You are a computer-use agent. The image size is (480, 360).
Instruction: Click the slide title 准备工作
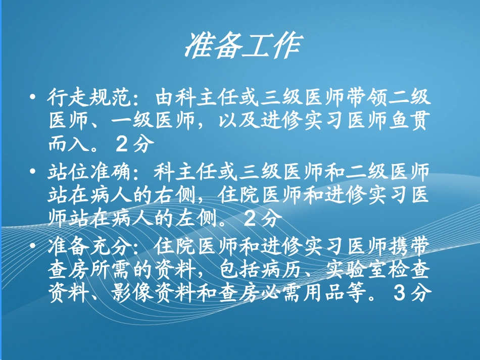pyautogui.click(x=244, y=46)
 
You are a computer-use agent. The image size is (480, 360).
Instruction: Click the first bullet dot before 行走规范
pyautogui.click(x=34, y=96)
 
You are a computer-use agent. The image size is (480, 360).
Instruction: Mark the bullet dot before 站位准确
pyautogui.click(x=34, y=172)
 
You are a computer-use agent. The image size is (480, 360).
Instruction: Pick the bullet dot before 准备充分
pyautogui.click(x=34, y=248)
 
